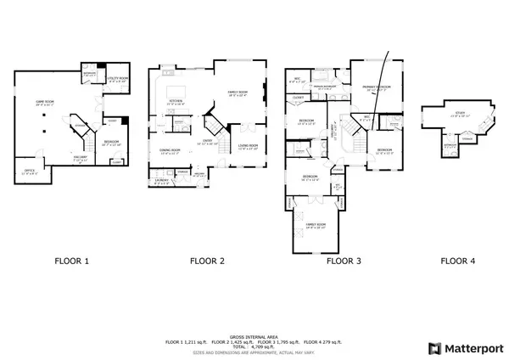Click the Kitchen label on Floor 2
pyautogui.click(x=177, y=101)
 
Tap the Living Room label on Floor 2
pyautogui.click(x=248, y=147)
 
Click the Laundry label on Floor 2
pyautogui.click(x=163, y=179)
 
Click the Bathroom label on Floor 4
pyautogui.click(x=450, y=144)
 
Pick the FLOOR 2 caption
pyautogui.click(x=207, y=262)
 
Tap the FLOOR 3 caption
pyautogui.click(x=344, y=262)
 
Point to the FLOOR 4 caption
pyautogui.click(x=458, y=262)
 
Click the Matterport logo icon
pyautogui.click(x=434, y=348)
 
